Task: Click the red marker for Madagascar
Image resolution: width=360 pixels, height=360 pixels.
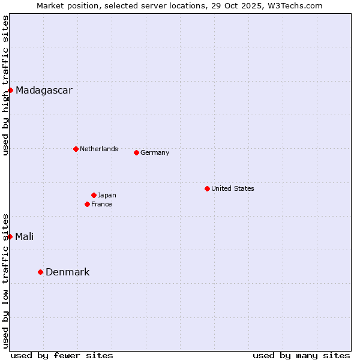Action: point(11,90)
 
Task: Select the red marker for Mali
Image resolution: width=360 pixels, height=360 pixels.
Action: point(10,236)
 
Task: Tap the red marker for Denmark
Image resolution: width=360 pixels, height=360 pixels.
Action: point(41,272)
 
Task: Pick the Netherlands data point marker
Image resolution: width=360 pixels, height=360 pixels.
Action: point(76,149)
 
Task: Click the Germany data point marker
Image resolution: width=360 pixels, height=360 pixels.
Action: point(136,152)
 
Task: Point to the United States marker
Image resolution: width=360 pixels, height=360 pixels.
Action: point(207,188)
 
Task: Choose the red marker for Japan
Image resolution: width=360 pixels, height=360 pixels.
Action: point(94,195)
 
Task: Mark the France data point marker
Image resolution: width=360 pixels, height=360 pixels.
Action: point(88,204)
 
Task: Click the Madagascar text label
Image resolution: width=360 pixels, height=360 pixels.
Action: point(44,91)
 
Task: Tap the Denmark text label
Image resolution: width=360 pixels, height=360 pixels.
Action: point(67,272)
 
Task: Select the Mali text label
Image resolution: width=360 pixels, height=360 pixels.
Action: point(25,236)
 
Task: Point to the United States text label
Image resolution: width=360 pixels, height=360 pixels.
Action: point(233,188)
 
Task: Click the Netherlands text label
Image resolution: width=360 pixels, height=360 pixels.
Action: point(99,149)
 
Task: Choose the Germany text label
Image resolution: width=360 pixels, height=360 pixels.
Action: point(155,152)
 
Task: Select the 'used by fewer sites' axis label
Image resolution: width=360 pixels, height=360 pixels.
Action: point(62,355)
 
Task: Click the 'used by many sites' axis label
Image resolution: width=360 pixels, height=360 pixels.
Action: point(301,355)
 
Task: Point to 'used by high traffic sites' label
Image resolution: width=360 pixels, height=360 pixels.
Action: point(5,85)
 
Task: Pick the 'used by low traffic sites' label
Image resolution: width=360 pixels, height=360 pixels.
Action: point(5,280)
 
